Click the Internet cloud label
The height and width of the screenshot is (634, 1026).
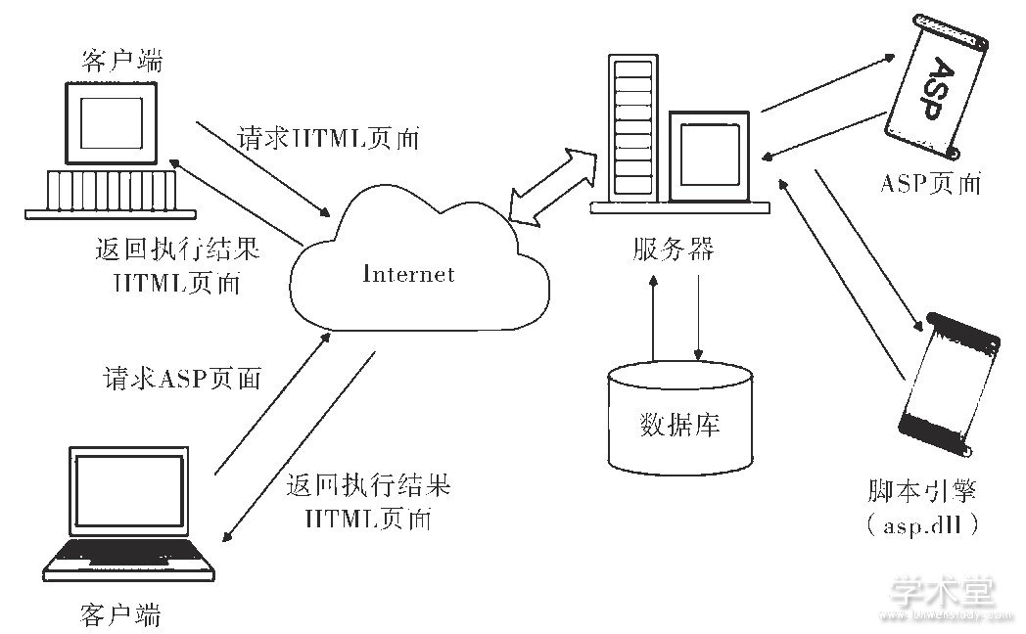[408, 274]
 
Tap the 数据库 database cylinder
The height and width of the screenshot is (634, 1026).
[681, 422]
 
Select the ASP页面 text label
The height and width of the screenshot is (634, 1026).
[929, 183]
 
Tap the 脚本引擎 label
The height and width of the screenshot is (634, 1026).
[926, 490]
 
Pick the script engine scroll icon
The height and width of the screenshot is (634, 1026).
[949, 391]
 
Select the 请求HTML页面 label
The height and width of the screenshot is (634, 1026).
[328, 138]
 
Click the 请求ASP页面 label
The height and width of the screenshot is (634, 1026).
[182, 379]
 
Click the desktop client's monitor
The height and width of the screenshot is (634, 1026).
[110, 123]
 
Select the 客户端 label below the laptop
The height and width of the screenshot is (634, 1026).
[119, 615]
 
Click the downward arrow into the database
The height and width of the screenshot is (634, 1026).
[698, 318]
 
